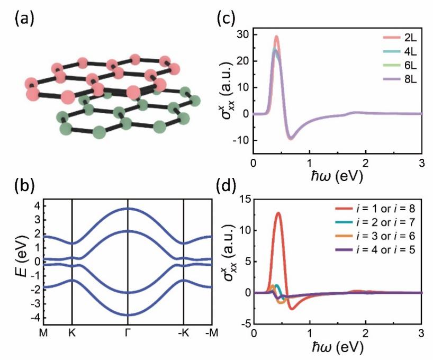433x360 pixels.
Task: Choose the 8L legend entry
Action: (402, 83)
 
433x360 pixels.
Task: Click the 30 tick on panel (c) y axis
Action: (244, 35)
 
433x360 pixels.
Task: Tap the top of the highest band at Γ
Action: (128, 208)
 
